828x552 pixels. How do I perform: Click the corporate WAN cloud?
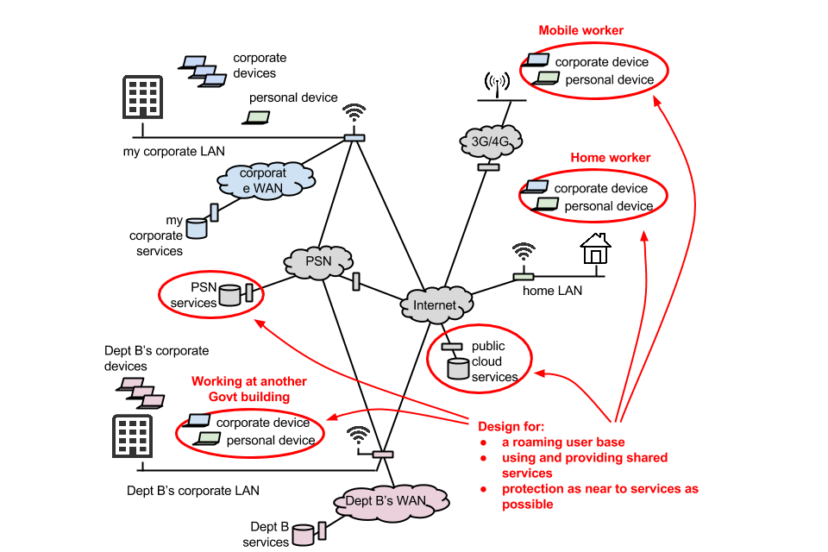click(264, 179)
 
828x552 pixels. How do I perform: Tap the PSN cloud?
click(318, 261)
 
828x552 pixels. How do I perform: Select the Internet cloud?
click(435, 305)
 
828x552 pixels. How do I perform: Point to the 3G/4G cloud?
click(489, 141)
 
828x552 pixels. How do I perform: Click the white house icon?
click(595, 249)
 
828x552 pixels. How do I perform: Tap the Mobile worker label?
click(580, 31)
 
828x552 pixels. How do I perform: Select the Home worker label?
click(610, 158)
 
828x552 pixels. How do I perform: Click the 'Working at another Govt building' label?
click(248, 389)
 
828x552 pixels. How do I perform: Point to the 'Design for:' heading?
click(511, 426)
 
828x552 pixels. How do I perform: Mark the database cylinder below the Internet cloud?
click(457, 368)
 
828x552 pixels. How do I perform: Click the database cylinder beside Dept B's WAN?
click(303, 535)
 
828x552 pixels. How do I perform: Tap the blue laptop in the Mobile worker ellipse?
click(538, 60)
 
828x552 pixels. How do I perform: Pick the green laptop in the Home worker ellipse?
click(547, 204)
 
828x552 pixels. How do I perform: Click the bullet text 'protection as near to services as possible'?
click(599, 496)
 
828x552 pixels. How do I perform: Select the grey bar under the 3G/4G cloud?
click(488, 166)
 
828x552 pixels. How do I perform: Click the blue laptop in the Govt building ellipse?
click(198, 420)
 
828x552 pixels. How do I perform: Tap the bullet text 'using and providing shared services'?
click(584, 465)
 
